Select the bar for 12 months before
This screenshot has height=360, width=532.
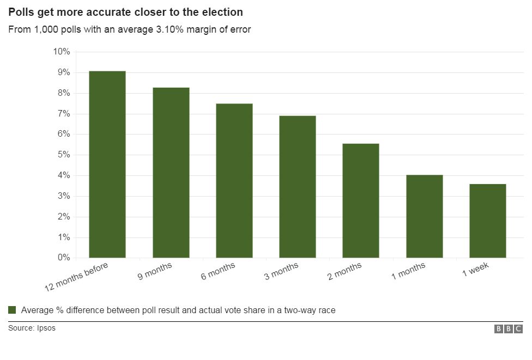point(107,164)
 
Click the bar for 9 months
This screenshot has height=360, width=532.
point(171,172)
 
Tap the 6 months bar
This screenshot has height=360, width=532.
point(234,180)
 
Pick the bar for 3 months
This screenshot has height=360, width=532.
point(298,186)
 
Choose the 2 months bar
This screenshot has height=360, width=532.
point(361,200)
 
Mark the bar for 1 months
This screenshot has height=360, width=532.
point(425,216)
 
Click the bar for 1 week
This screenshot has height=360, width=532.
point(488,221)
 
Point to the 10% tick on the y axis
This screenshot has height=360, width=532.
point(61,52)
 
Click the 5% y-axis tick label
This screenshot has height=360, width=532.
point(63,155)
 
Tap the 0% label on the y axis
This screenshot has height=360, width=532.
point(63,258)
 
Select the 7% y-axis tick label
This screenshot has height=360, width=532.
point(63,114)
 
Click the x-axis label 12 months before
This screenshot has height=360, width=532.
point(76,277)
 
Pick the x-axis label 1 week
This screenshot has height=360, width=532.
point(476,270)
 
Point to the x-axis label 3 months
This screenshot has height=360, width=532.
point(281,272)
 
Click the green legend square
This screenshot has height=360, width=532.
point(12,310)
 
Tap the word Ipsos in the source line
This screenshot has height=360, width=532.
point(46,328)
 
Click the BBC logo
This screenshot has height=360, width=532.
point(508,329)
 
